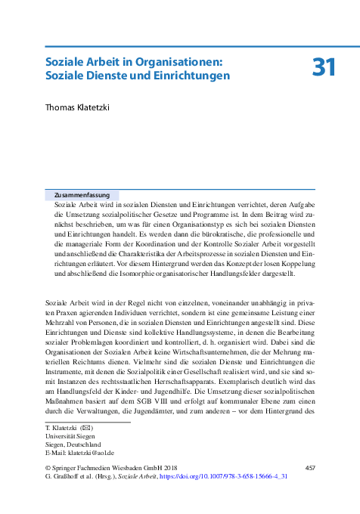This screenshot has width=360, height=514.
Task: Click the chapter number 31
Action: (323, 67)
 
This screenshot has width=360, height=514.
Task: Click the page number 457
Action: (309, 469)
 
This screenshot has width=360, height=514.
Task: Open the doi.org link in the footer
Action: (244, 478)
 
